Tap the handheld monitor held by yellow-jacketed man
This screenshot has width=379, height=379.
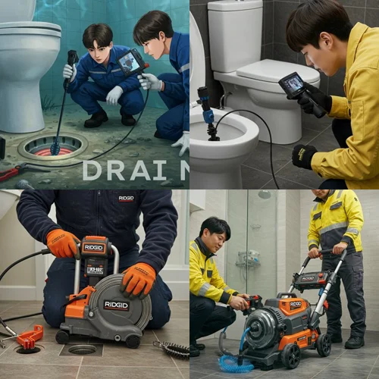293,84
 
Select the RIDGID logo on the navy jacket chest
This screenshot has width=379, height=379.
126,199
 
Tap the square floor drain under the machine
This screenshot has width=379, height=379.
82,349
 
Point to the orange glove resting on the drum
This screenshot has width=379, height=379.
138,279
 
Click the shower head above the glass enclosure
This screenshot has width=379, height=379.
264,195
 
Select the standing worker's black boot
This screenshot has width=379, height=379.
354,341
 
